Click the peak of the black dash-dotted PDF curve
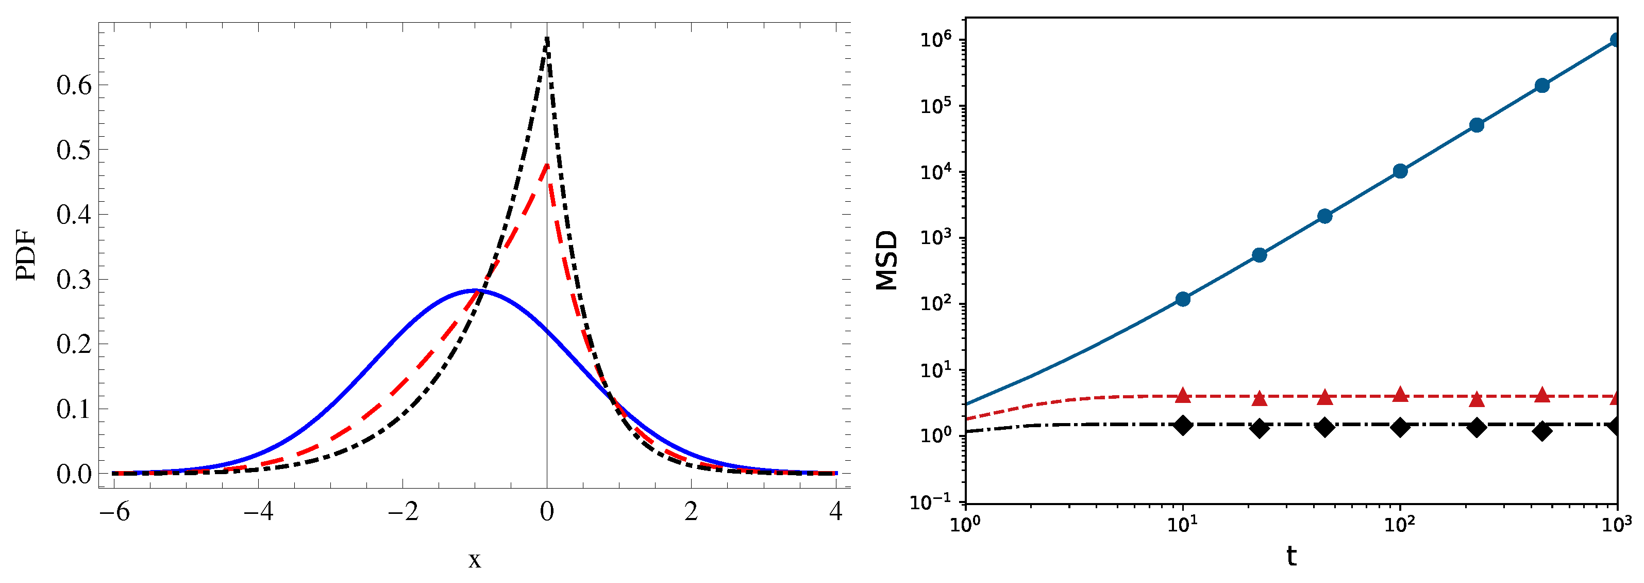547,38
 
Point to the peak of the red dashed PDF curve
547,165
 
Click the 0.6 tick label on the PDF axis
74,85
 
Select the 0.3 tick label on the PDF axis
74,279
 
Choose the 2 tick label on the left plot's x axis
691,511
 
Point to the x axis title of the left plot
474,560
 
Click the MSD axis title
887,261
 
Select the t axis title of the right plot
1291,556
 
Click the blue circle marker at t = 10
1183,299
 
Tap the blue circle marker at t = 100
1400,170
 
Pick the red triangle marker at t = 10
1183,395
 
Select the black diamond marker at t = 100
1400,427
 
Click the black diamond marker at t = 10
1183,425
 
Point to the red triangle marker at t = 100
1400,394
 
